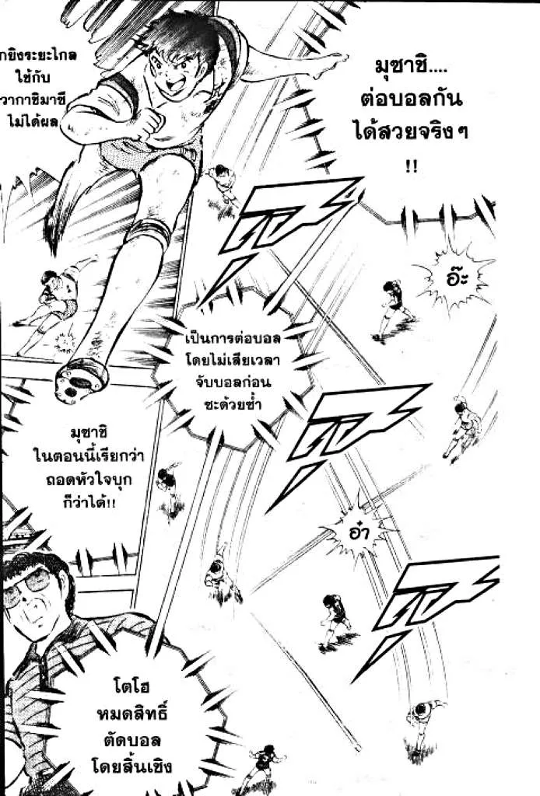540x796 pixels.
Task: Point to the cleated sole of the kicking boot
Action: tap(81, 379)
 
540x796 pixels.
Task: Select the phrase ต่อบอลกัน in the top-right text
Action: tap(418, 103)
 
